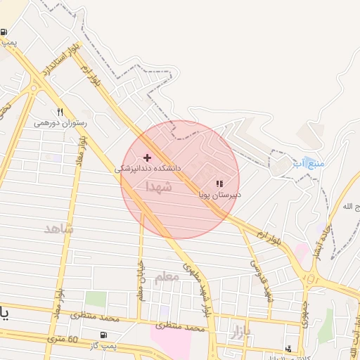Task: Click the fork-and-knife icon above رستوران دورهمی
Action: click(x=60, y=112)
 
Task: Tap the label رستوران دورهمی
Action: click(x=60, y=122)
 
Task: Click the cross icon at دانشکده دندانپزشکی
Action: click(x=147, y=157)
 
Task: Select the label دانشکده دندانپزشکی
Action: click(x=148, y=169)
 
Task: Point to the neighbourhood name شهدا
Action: click(x=159, y=187)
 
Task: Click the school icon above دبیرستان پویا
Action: click(x=219, y=184)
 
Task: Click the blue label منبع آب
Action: click(x=309, y=163)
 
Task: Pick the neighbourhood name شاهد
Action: click(x=58, y=229)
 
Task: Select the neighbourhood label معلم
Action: click(x=167, y=277)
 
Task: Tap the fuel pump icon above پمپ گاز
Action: click(x=104, y=335)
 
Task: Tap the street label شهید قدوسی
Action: click(x=259, y=276)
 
